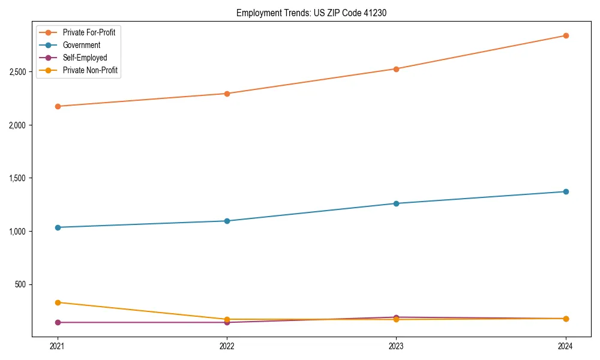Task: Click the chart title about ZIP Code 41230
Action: click(x=310, y=13)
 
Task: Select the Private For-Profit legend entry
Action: click(x=89, y=32)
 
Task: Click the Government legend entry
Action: click(x=82, y=45)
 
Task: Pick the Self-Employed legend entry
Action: click(x=85, y=58)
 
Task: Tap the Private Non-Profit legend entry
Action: click(x=90, y=70)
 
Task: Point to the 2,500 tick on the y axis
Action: click(x=17, y=72)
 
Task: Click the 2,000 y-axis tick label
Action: click(x=17, y=125)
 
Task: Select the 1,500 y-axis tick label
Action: click(x=17, y=178)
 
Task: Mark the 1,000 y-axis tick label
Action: click(x=17, y=232)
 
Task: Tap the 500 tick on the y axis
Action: click(x=20, y=284)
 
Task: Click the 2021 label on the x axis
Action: click(x=58, y=346)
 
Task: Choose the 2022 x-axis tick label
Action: click(x=227, y=346)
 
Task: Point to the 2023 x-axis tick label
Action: click(x=396, y=346)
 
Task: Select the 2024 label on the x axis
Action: click(x=565, y=346)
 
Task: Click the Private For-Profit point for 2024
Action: click(x=565, y=35)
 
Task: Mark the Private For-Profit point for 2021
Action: click(x=58, y=106)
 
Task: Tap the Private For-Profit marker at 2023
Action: click(x=396, y=69)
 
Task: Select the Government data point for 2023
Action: click(x=396, y=203)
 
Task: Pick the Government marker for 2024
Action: click(x=565, y=191)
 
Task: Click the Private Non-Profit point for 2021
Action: click(x=58, y=302)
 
